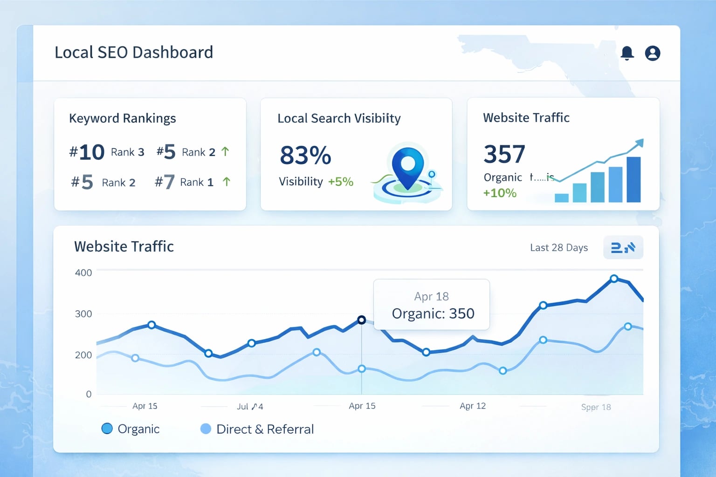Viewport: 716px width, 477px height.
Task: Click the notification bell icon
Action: click(x=627, y=53)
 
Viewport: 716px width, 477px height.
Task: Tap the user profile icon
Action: click(x=652, y=53)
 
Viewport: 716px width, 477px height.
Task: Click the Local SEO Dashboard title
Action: click(x=134, y=52)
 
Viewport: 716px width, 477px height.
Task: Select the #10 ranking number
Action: click(x=87, y=152)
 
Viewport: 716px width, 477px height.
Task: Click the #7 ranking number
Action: click(x=165, y=182)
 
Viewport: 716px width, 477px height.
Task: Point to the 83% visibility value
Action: click(x=305, y=155)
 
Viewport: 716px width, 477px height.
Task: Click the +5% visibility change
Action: click(x=340, y=182)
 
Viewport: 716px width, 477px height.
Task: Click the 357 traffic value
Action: click(x=504, y=154)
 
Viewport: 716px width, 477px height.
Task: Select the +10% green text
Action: click(x=500, y=193)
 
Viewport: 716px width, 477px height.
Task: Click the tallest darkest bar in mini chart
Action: click(x=633, y=179)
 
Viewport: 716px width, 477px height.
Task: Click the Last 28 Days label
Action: click(x=558, y=248)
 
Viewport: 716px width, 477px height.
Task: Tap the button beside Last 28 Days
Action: click(x=623, y=247)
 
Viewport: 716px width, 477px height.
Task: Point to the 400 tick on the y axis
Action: click(x=83, y=273)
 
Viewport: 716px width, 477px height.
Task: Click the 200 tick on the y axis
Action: click(x=83, y=355)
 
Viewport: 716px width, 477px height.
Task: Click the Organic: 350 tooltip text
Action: click(x=433, y=313)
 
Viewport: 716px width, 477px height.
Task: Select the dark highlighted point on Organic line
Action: click(x=361, y=320)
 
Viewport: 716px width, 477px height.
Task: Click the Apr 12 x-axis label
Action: click(x=472, y=406)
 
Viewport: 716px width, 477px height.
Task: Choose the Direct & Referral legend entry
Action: click(x=265, y=429)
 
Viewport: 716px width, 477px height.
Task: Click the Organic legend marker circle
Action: click(x=107, y=429)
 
